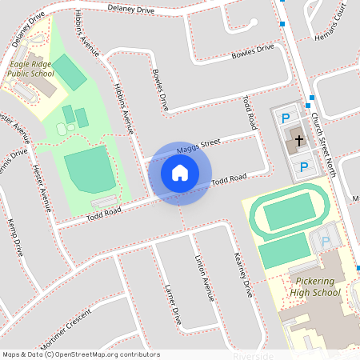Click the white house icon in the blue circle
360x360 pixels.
pyautogui.click(x=180, y=173)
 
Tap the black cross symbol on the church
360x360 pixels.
pyautogui.click(x=298, y=141)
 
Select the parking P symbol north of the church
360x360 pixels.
pyautogui.click(x=286, y=118)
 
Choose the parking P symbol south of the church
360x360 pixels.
pyautogui.click(x=304, y=166)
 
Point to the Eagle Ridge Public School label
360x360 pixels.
pyautogui.click(x=30, y=69)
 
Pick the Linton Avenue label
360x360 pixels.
pyautogui.click(x=205, y=277)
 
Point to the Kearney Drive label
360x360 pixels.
pyautogui.click(x=242, y=274)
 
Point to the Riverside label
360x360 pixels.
pyautogui.click(x=253, y=355)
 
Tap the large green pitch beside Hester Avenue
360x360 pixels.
pyautogui.click(x=89, y=168)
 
